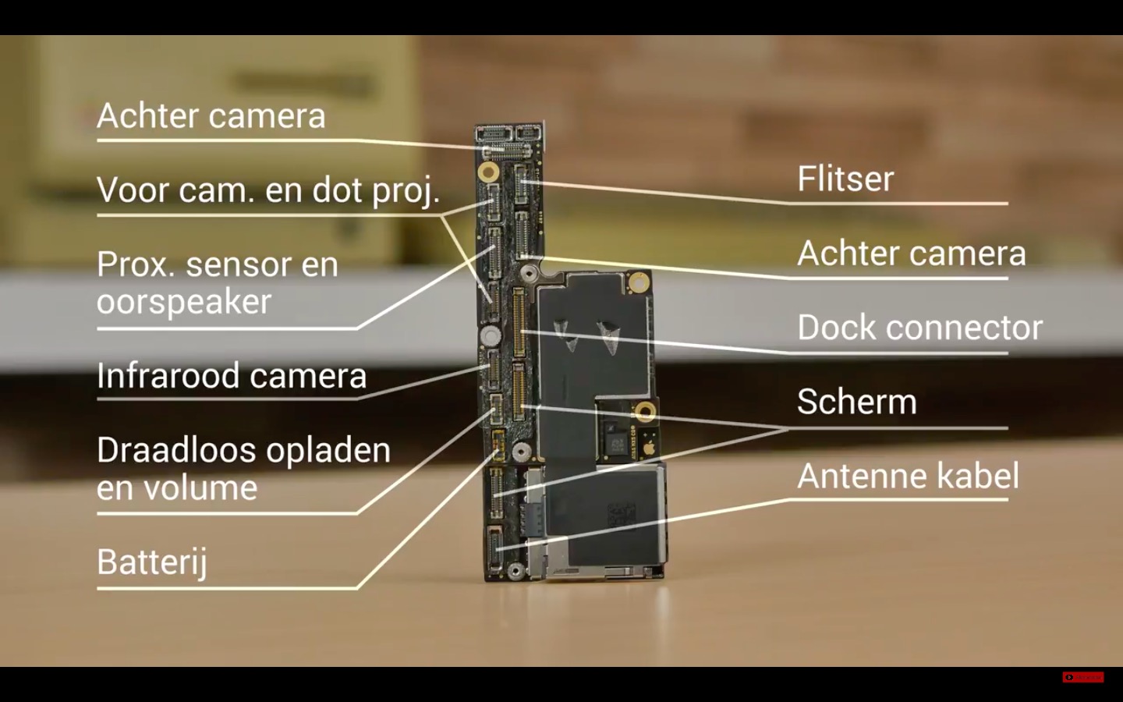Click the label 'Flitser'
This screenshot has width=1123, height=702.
pyautogui.click(x=845, y=179)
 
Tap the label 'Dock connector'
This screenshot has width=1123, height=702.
pyautogui.click(x=919, y=328)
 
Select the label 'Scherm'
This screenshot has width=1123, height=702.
pyautogui.click(x=856, y=402)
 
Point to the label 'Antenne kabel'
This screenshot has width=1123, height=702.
pyautogui.click(x=907, y=477)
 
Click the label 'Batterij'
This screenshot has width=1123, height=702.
pyautogui.click(x=152, y=562)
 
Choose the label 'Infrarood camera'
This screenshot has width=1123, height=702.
pyautogui.click(x=232, y=376)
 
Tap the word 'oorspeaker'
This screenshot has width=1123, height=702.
pyautogui.click(x=184, y=302)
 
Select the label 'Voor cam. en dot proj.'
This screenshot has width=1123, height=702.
pyautogui.click(x=268, y=190)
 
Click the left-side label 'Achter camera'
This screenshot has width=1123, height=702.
pyautogui.click(x=211, y=116)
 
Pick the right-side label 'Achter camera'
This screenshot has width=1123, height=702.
pyautogui.click(x=911, y=253)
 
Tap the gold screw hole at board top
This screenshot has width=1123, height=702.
pyautogui.click(x=490, y=170)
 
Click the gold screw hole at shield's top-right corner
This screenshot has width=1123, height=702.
pyautogui.click(x=639, y=282)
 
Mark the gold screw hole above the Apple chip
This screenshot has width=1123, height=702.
pyautogui.click(x=644, y=410)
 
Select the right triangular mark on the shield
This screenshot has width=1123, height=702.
pyautogui.click(x=609, y=334)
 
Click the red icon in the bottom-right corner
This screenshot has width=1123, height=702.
pyautogui.click(x=1082, y=677)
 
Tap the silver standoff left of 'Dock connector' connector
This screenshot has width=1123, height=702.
pyautogui.click(x=491, y=336)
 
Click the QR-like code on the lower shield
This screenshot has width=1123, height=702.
pyautogui.click(x=622, y=516)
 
